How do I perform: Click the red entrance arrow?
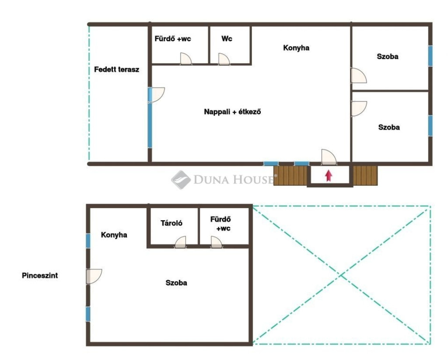click(329, 176)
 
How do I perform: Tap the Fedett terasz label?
click(116, 70)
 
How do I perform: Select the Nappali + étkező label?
click(232, 112)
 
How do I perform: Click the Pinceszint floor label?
click(40, 275)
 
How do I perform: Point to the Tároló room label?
click(171, 223)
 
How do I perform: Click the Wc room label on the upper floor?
click(227, 39)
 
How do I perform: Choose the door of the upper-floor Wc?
click(224, 59)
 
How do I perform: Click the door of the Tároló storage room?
click(180, 242)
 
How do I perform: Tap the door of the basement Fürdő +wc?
click(217, 242)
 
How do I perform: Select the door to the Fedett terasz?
click(156, 95)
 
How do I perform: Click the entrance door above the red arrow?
click(329, 157)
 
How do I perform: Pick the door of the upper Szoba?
click(359, 75)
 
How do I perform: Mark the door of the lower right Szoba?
click(359, 109)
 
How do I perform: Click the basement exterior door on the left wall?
click(94, 276)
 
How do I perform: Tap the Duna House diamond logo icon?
click(181, 180)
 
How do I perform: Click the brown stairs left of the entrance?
click(290, 176)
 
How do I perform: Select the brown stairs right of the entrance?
click(365, 176)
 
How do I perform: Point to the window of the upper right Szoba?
click(430, 56)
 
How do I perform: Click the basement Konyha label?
click(114, 235)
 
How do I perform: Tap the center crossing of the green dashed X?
click(341, 275)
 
